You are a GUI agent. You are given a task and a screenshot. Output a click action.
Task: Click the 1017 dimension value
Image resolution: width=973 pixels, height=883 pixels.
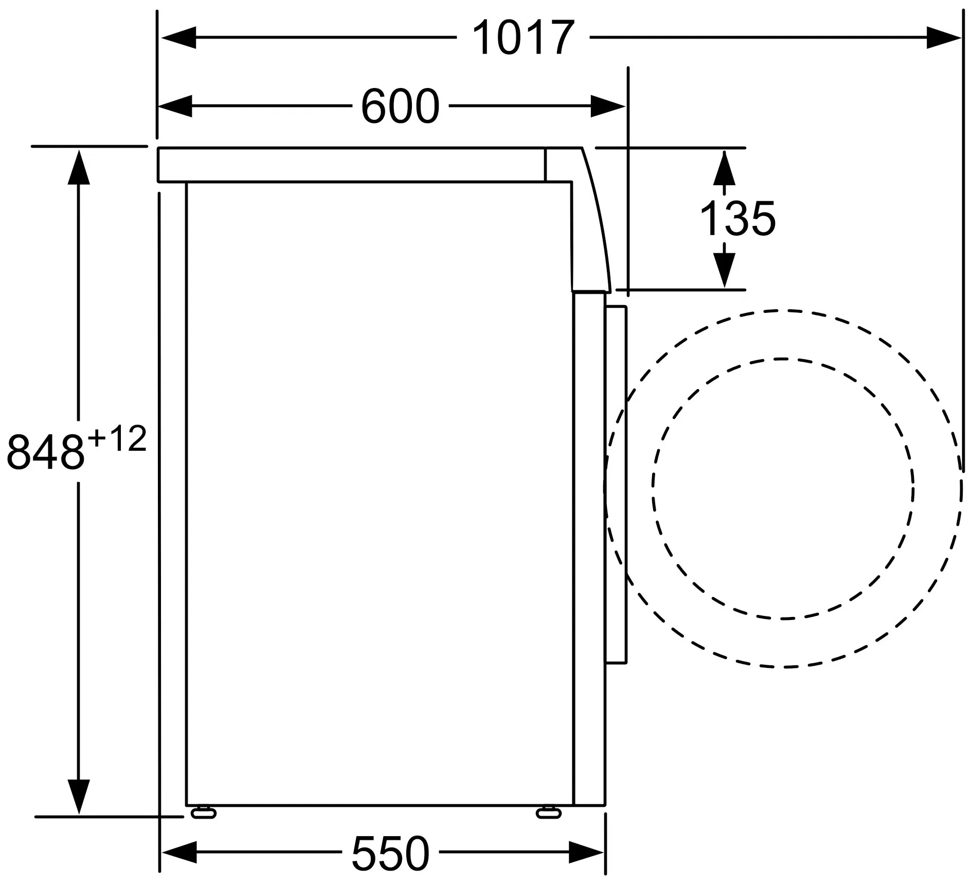pyautogui.click(x=522, y=38)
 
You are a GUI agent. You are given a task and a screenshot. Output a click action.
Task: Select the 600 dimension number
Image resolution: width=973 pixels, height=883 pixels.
pyautogui.click(x=400, y=106)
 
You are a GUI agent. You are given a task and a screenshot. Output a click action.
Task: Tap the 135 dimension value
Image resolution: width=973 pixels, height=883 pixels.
pyautogui.click(x=737, y=218)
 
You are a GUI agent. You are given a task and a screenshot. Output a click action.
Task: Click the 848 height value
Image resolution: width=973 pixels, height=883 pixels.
pyautogui.click(x=45, y=452)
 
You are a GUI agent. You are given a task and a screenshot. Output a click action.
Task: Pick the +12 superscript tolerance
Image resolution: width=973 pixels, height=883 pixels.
pyautogui.click(x=117, y=439)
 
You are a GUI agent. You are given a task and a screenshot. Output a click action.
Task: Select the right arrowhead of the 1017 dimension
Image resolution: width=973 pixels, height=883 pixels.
pyautogui.click(x=943, y=38)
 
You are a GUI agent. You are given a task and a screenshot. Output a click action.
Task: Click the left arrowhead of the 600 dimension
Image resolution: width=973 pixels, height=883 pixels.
pyautogui.click(x=175, y=106)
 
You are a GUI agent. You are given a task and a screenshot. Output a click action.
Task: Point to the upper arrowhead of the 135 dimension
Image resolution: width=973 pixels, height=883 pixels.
pyautogui.click(x=724, y=168)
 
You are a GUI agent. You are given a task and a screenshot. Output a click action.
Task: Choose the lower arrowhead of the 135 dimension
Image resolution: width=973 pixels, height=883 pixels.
pyautogui.click(x=724, y=270)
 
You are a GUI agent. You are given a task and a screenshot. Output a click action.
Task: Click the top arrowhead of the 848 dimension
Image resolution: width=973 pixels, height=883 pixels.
pyautogui.click(x=79, y=167)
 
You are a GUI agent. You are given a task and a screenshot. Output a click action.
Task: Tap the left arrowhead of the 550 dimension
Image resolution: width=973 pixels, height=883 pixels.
pyautogui.click(x=179, y=853)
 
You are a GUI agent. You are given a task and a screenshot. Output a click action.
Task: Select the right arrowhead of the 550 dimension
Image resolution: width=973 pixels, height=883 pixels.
pyautogui.click(x=586, y=853)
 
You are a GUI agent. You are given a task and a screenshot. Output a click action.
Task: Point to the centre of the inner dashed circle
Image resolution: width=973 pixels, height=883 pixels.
pyautogui.click(x=783, y=488)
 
